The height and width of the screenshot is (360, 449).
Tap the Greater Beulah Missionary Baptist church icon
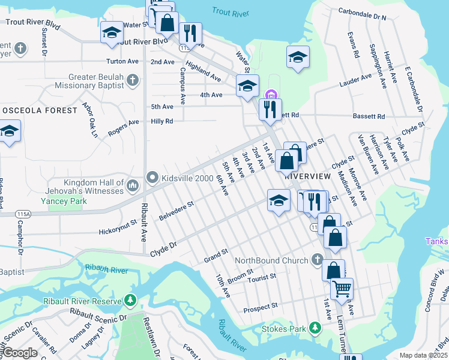click(x=132, y=80)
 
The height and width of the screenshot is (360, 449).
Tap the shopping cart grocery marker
click(x=342, y=289)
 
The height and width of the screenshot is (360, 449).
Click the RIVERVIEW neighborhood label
click(x=308, y=176)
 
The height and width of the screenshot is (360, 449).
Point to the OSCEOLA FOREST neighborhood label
click(x=40, y=110)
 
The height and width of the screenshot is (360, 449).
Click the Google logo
click(x=20, y=353)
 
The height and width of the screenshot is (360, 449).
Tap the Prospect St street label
click(x=260, y=306)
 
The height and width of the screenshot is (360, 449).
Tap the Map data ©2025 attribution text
click(x=424, y=355)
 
